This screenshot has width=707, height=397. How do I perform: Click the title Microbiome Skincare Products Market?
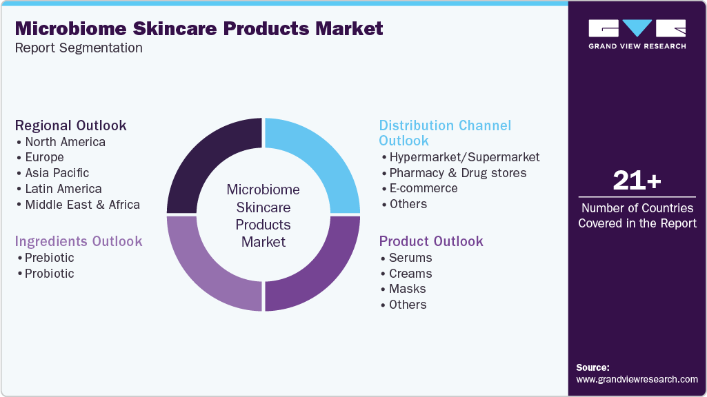[x=199, y=28]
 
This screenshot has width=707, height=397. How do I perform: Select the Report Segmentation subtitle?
[x=79, y=48]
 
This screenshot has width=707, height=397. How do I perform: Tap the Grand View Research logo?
[x=637, y=34]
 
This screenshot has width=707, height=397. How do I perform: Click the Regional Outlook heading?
[x=71, y=125]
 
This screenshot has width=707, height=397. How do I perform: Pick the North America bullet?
[x=65, y=142]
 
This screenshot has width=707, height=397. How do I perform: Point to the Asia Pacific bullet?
[x=57, y=173]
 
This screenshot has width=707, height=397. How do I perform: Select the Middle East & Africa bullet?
[x=82, y=204]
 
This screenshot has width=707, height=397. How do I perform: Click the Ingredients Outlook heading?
[x=79, y=241]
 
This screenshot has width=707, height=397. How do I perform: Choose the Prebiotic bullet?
[x=49, y=258]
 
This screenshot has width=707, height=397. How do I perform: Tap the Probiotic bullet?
[x=49, y=274]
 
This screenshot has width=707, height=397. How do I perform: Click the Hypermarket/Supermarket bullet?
[x=464, y=157]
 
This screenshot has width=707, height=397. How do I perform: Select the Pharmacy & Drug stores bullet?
[x=457, y=173]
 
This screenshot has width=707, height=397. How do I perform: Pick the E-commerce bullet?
[x=423, y=188]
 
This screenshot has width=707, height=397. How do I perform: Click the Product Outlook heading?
[x=431, y=241]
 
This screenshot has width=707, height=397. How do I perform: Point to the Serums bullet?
[x=410, y=258]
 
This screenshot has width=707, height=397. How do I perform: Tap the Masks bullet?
[x=407, y=289]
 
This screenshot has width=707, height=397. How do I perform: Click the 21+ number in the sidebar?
[x=637, y=181]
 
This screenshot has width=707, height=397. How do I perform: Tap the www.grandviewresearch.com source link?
[x=637, y=379]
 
